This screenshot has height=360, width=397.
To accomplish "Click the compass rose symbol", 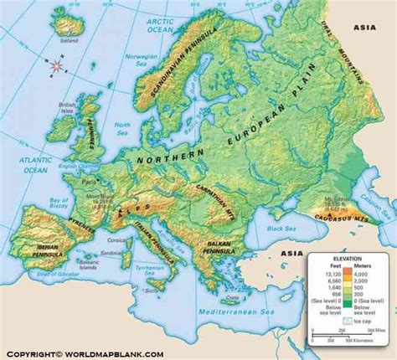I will coord(56,64).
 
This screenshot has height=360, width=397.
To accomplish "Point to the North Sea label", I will coord(123,127).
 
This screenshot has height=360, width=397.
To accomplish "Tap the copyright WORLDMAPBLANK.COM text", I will coord(84,352).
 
